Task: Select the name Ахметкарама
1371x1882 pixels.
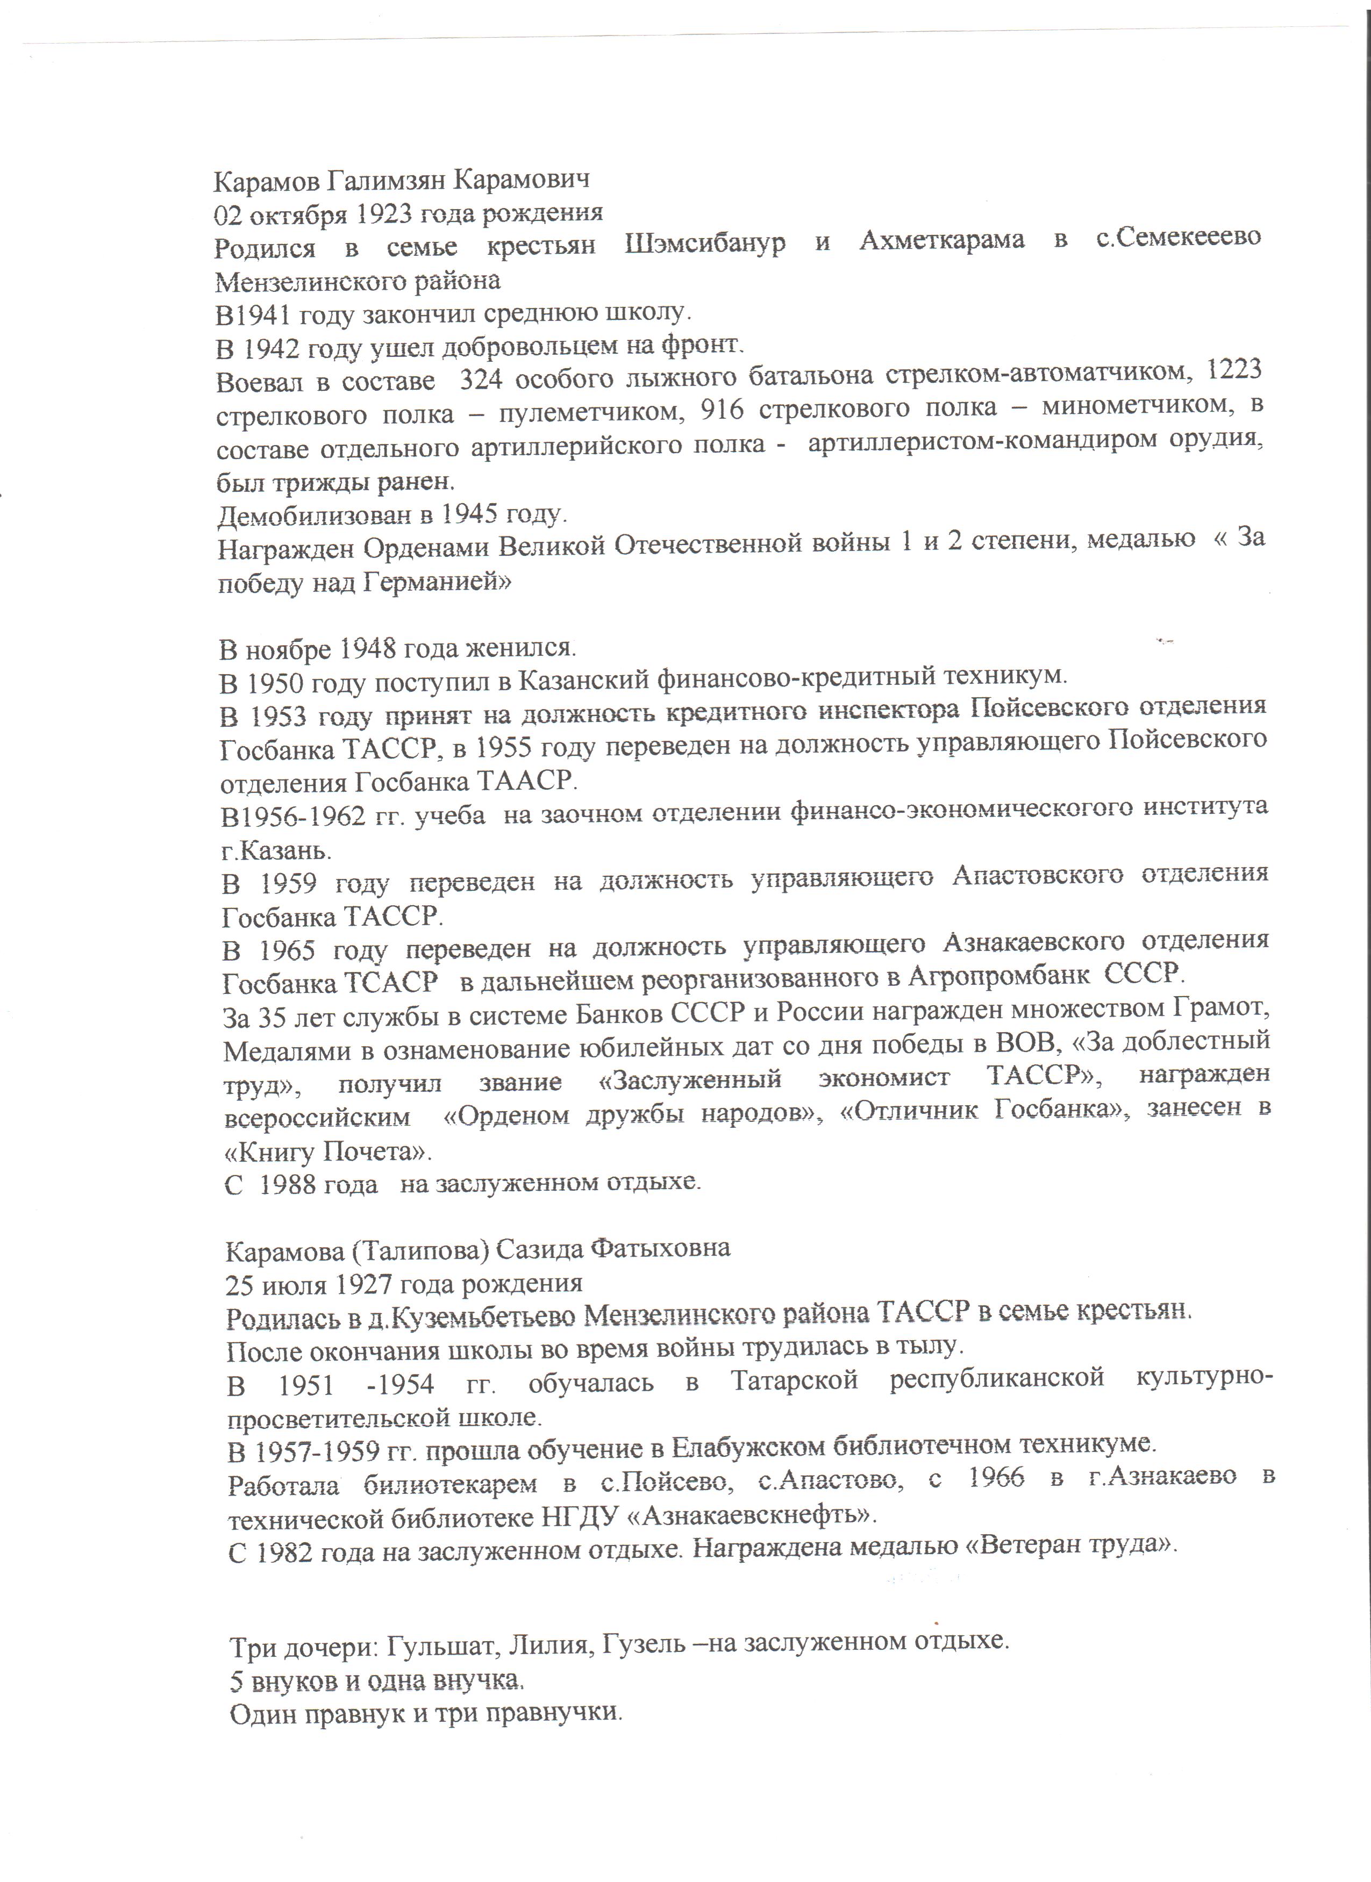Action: pyautogui.click(x=941, y=241)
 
